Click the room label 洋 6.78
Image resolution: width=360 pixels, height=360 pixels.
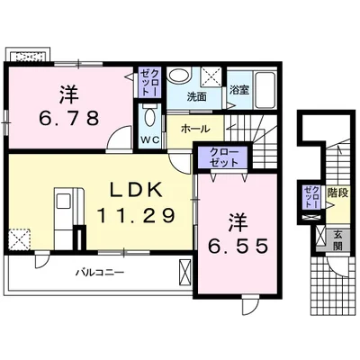coord(68,106)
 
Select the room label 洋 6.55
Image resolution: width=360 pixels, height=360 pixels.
coord(238,234)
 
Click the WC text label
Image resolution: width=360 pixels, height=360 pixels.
coord(150,139)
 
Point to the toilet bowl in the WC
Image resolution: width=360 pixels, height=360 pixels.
coord(149,116)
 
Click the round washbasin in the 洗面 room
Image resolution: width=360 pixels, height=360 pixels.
coord(179,75)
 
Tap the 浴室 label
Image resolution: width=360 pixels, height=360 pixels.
coord(239,90)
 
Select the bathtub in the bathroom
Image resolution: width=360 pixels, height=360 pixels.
coord(265,90)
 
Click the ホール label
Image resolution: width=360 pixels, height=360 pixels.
coord(195,129)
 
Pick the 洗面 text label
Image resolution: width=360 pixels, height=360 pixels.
coord(197,96)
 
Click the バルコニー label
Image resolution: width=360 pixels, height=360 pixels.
coord(100,273)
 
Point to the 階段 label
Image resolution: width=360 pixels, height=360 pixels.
coord(338,193)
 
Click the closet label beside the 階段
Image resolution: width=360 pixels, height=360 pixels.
coord(311,197)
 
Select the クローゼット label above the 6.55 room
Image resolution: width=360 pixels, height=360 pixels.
coord(224,157)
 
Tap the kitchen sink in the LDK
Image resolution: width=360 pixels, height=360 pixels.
coord(63,201)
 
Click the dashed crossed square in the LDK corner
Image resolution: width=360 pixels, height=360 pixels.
coord(20,239)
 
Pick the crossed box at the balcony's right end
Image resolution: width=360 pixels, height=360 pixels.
coord(184,272)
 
